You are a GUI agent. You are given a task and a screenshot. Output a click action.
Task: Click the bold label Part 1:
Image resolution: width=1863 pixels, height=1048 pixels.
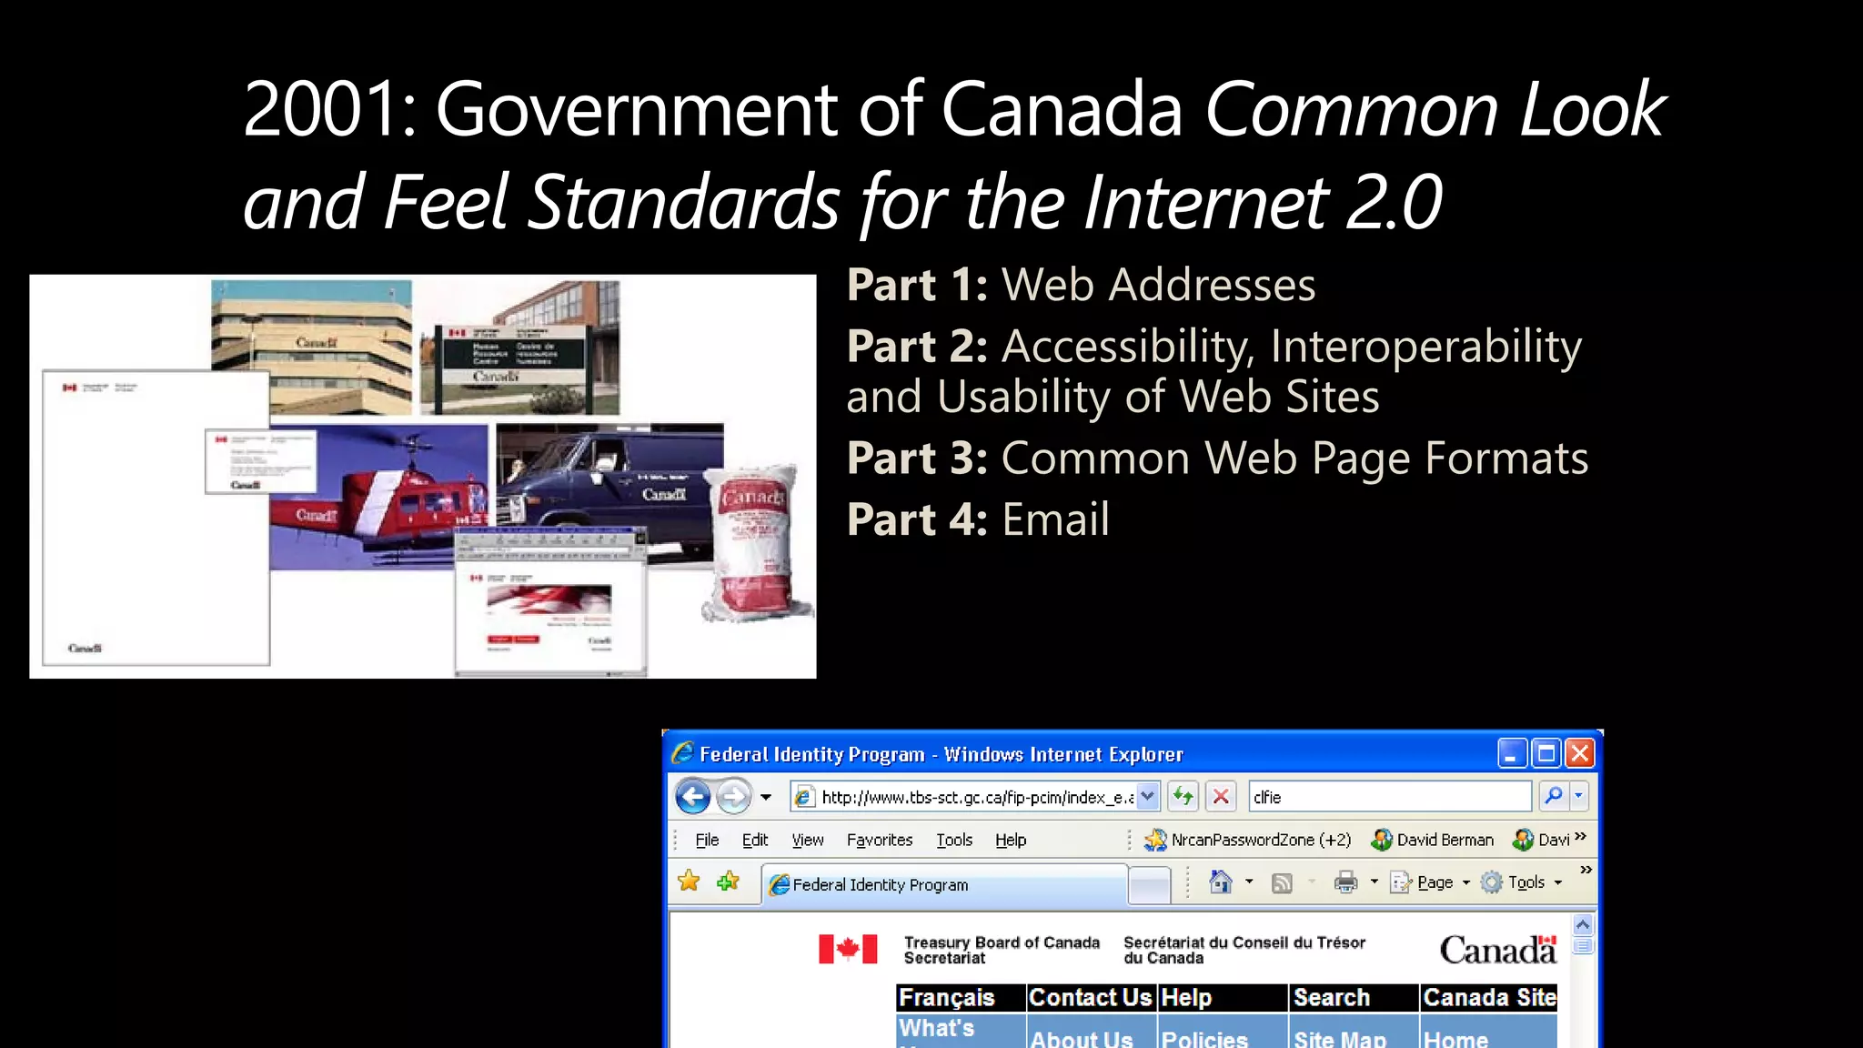tap(917, 286)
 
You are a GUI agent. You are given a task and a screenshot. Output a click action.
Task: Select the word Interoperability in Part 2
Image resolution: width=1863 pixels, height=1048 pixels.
tap(1425, 347)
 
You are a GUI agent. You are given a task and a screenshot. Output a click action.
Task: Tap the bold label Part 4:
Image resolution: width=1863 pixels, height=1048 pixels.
tap(917, 520)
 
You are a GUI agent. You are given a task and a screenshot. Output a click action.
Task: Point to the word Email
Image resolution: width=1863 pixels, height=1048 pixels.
tap(1055, 520)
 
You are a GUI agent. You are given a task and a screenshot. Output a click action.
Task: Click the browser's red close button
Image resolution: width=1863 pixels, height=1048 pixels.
tap(1580, 753)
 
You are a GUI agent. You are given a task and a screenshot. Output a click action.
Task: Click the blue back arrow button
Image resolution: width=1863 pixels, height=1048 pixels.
tap(693, 797)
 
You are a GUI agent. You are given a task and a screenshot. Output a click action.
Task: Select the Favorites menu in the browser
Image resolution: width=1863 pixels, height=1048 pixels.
tap(879, 841)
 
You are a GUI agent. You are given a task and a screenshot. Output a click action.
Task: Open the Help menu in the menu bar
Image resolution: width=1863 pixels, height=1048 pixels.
tap(1010, 841)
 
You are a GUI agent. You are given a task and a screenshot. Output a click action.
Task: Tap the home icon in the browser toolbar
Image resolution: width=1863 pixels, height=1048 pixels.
tap(1220, 882)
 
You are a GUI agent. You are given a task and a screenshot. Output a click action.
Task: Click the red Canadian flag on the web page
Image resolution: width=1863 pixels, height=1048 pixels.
tap(848, 949)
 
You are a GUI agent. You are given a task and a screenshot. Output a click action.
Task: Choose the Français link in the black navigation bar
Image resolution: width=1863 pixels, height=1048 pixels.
tap(947, 998)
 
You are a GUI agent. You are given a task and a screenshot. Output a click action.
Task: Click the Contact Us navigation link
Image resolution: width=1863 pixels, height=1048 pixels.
tap(1090, 998)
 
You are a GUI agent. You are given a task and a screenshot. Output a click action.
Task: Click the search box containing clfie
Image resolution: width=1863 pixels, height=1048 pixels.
tap(1388, 798)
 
